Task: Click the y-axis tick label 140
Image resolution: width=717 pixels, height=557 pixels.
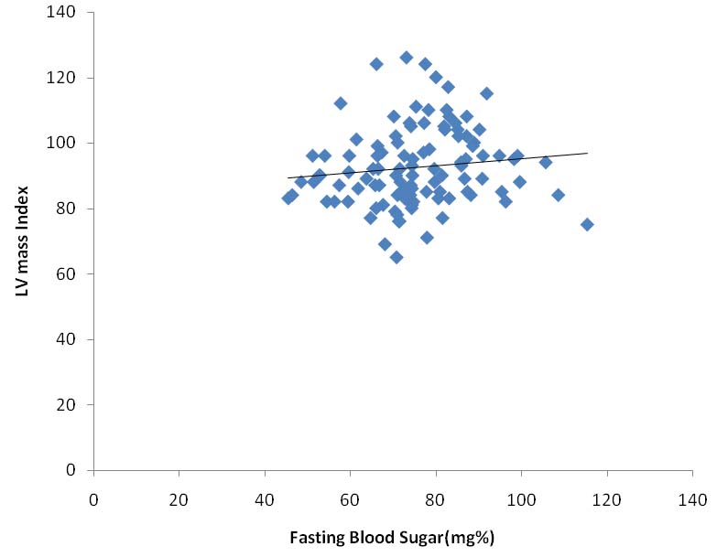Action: tap(66, 13)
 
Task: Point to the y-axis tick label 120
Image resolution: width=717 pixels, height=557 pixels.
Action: tap(66, 78)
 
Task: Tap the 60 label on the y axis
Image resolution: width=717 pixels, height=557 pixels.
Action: tap(70, 274)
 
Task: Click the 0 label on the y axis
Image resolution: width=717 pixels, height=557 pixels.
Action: tap(73, 470)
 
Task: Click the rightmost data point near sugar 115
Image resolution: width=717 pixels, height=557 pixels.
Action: tap(587, 225)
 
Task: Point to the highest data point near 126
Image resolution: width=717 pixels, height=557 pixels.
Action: tap(407, 58)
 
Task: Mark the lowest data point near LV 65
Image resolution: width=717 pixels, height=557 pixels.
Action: tap(397, 257)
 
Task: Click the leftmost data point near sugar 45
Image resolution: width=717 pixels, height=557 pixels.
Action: tap(288, 198)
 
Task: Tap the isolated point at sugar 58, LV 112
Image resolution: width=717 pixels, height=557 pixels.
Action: tap(341, 103)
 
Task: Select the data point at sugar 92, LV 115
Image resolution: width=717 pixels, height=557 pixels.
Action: tap(486, 93)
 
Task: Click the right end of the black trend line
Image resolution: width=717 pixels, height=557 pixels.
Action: tap(587, 153)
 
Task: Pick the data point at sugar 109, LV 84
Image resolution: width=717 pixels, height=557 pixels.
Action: tap(558, 195)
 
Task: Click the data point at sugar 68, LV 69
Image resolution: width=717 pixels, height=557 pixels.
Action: tap(385, 244)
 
